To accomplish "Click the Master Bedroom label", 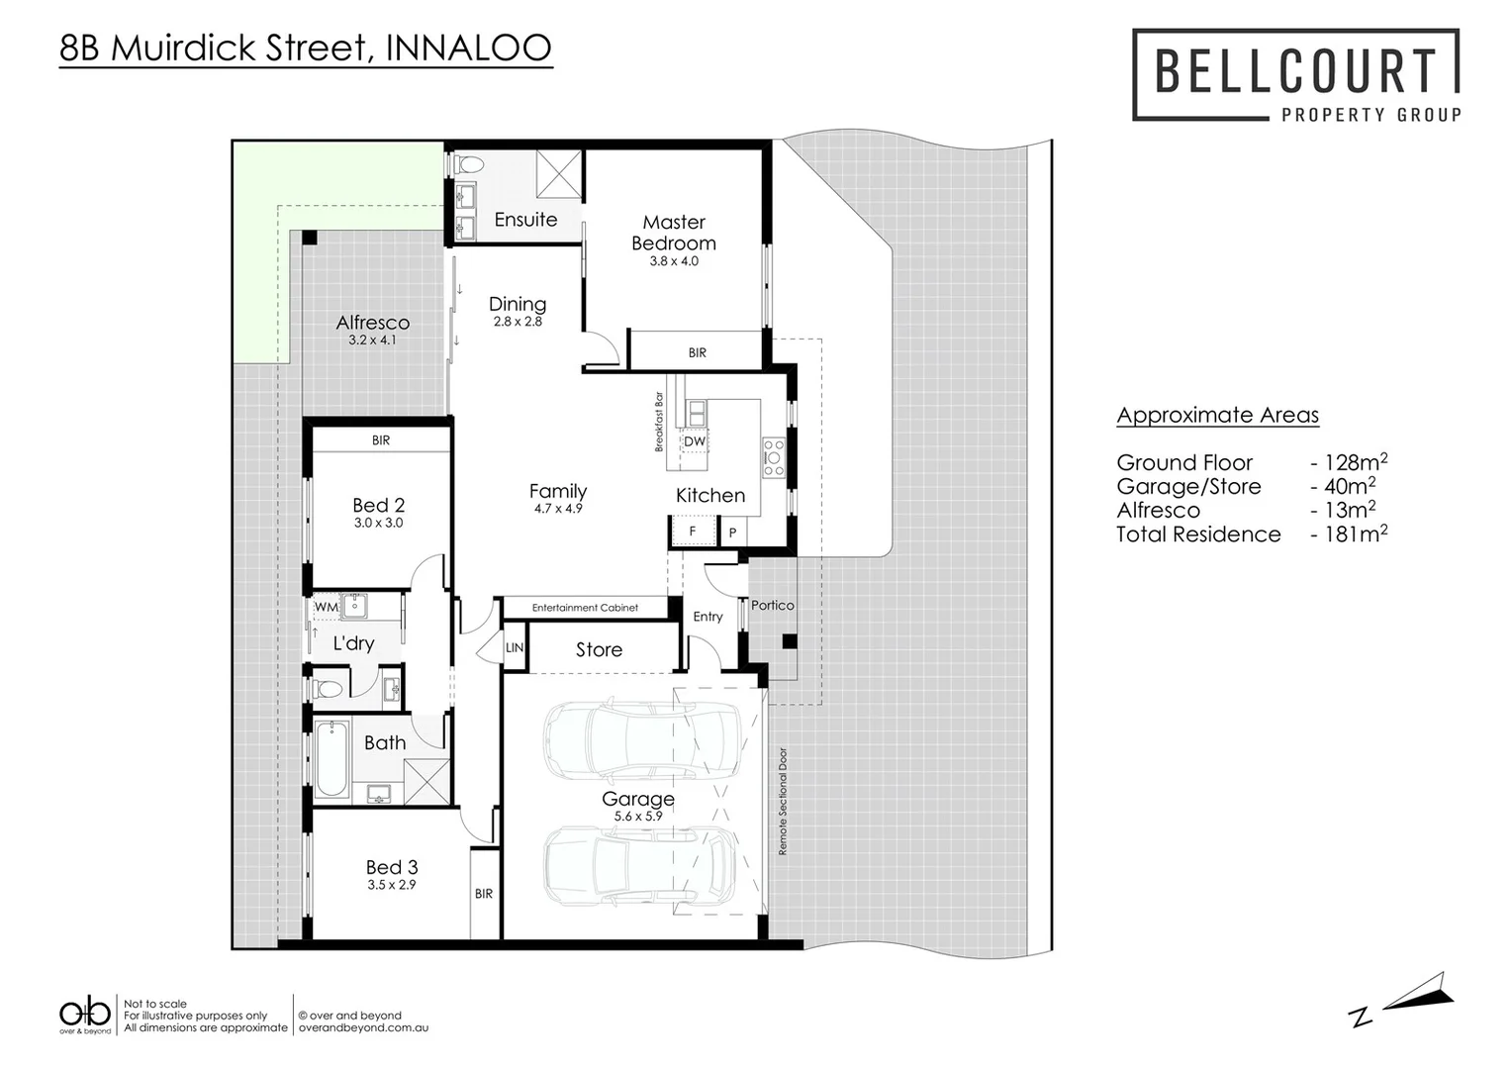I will click(x=673, y=233).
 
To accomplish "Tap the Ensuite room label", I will click(x=525, y=220).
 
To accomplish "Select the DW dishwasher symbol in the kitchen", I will click(x=695, y=441).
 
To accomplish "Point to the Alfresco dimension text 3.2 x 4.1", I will click(x=372, y=340).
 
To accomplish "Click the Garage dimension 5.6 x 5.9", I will click(x=637, y=817).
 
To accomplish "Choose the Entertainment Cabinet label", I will click(x=585, y=608).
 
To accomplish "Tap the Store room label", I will click(x=599, y=650).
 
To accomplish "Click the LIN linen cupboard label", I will click(x=515, y=648).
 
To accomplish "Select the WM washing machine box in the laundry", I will click(x=326, y=608).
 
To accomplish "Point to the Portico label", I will click(x=772, y=606).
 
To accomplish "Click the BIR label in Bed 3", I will click(x=483, y=894).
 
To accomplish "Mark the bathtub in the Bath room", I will click(x=331, y=760).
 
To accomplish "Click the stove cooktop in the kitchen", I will click(x=773, y=458).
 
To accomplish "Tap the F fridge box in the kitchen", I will click(x=693, y=533).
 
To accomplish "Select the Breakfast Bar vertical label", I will click(x=659, y=423).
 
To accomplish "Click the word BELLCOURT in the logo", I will click(x=1295, y=71).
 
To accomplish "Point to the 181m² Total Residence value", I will click(x=1355, y=534).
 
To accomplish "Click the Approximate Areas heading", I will click(x=1217, y=416).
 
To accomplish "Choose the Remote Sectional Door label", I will click(x=783, y=801).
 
